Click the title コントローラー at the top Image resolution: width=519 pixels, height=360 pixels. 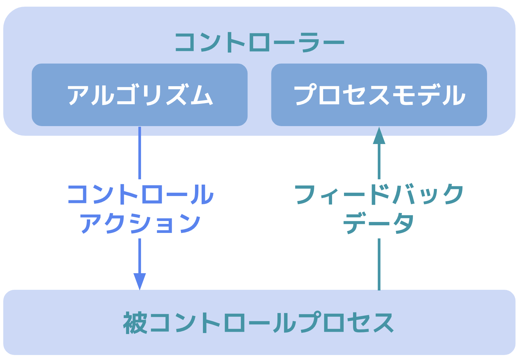[259, 42]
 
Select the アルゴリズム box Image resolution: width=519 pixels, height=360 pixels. [139, 95]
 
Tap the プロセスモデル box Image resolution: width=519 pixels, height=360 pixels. [379, 95]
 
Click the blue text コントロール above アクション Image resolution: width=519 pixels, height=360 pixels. [140, 194]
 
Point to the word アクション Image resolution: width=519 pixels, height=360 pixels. [140, 223]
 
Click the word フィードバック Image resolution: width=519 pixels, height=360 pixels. [379, 194]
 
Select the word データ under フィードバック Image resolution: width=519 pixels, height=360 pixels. [379, 223]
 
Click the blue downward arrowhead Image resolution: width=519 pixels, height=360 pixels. [140, 281]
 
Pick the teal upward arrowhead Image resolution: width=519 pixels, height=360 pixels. [379, 135]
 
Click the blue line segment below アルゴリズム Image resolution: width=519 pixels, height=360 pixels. [140, 153]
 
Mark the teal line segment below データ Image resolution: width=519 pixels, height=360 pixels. [379, 264]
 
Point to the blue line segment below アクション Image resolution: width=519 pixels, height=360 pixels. [140, 256]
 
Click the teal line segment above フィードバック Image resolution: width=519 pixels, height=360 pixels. [379, 161]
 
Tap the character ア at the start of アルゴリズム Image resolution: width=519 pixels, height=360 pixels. [78, 95]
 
